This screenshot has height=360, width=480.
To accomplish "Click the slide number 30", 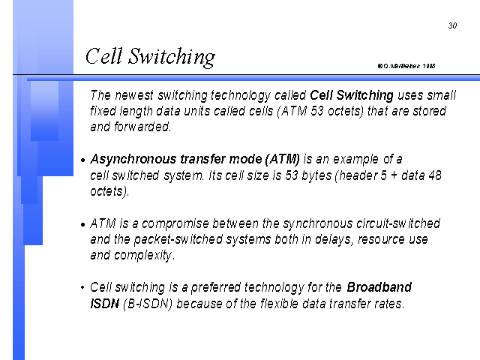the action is coord(452,25).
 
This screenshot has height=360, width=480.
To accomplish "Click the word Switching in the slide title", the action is coord(172,57).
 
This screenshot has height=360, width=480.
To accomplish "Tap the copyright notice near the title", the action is coord(406,66).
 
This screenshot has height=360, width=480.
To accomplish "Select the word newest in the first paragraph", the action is coord(134,95).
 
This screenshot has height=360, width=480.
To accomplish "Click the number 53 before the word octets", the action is coord(316,111).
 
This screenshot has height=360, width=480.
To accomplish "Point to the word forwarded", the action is coord(142,127).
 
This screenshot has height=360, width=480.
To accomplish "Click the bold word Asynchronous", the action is coord(133,160).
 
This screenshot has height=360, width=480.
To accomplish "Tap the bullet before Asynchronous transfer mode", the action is coord(82,160).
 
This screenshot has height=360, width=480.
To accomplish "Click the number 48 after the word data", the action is coord(435,175).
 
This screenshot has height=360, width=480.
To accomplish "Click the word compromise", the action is coord(175,223).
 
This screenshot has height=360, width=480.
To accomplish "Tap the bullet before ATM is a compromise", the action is coord(82,224).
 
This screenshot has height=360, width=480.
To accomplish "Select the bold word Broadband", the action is coord(379,287).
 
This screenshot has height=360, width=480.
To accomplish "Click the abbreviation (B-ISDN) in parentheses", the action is coord(148,304).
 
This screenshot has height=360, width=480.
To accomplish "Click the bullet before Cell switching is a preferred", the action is coord(82,287).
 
